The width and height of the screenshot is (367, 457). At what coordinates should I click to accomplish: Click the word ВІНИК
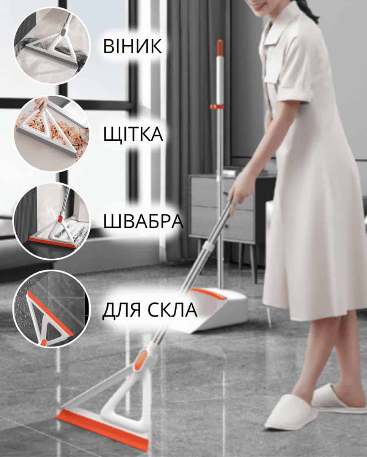tap(133, 47)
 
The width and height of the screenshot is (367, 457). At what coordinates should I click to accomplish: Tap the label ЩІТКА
tap(133, 134)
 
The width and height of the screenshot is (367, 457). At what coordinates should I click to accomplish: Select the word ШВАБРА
tap(143, 221)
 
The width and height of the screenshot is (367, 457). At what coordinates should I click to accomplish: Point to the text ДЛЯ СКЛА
tap(150, 309)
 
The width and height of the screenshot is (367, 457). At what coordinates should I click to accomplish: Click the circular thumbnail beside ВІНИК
tap(52, 46)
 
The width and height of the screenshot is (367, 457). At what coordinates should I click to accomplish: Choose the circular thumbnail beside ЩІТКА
tap(52, 133)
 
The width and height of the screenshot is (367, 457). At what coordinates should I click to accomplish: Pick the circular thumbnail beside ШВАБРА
tap(52, 221)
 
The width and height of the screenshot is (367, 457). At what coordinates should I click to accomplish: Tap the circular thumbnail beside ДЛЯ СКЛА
tap(52, 309)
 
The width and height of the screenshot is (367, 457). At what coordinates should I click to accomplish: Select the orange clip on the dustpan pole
tap(217, 106)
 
